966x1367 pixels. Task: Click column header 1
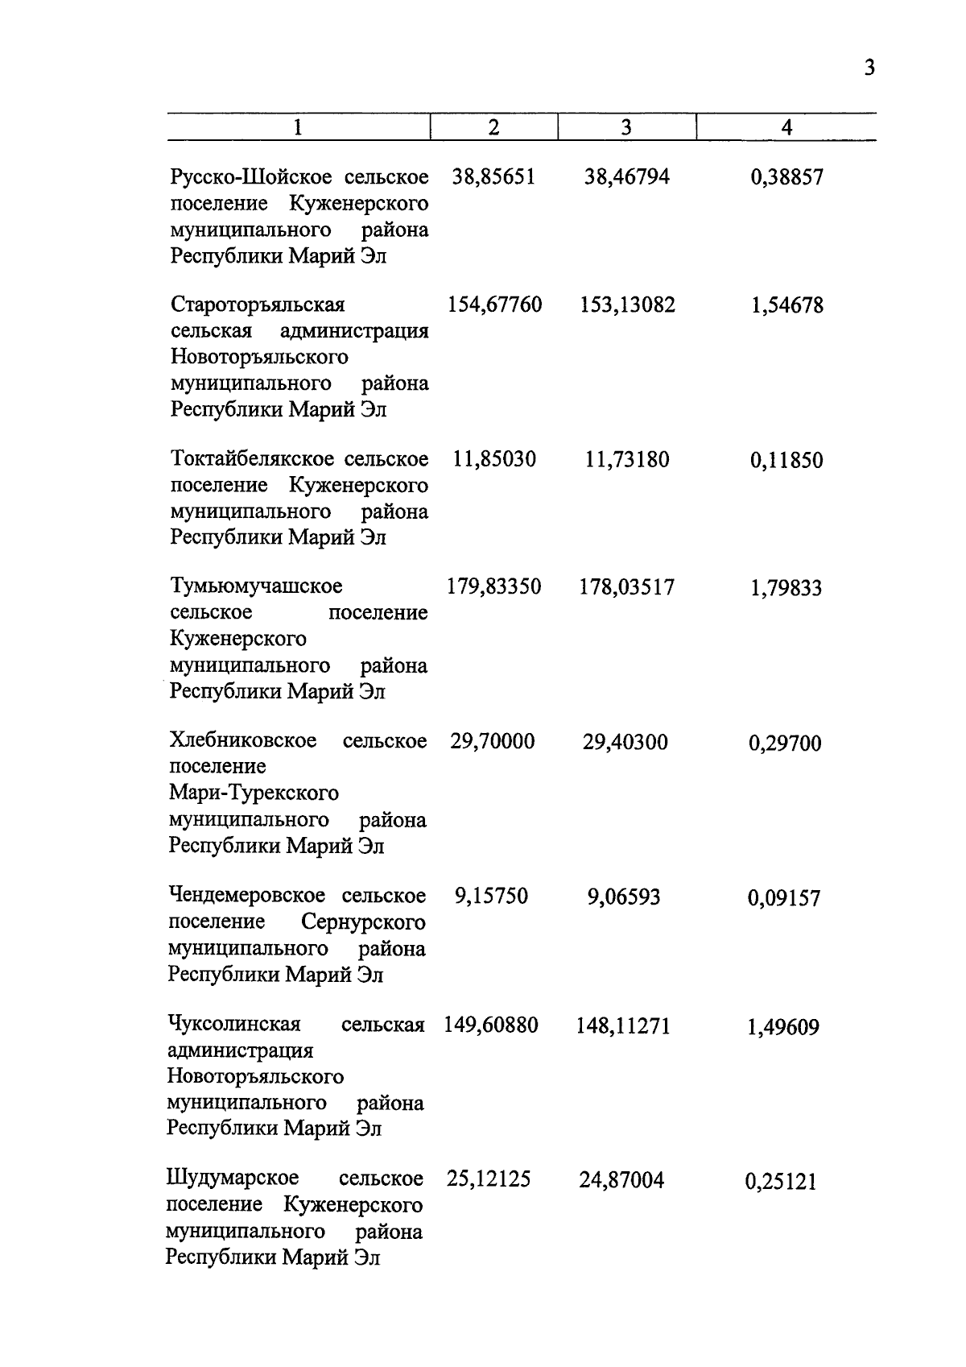(299, 127)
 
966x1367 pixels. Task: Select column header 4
(786, 127)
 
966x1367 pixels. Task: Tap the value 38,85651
(493, 177)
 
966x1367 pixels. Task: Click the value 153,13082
(627, 305)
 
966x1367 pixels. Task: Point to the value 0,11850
(786, 461)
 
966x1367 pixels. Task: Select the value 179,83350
(493, 587)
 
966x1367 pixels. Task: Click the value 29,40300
(625, 742)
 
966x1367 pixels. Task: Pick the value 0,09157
(784, 898)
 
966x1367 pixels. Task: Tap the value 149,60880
(491, 1025)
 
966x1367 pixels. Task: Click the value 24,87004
(621, 1181)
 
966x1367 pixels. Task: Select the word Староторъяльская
(257, 305)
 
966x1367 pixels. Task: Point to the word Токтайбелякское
(252, 459)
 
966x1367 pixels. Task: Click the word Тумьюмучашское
(256, 586)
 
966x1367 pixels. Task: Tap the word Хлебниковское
(242, 740)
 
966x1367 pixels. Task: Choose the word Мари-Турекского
(254, 793)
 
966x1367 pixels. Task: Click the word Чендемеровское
(246, 896)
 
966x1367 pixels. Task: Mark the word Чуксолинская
(233, 1025)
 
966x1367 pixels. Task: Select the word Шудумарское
(232, 1179)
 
